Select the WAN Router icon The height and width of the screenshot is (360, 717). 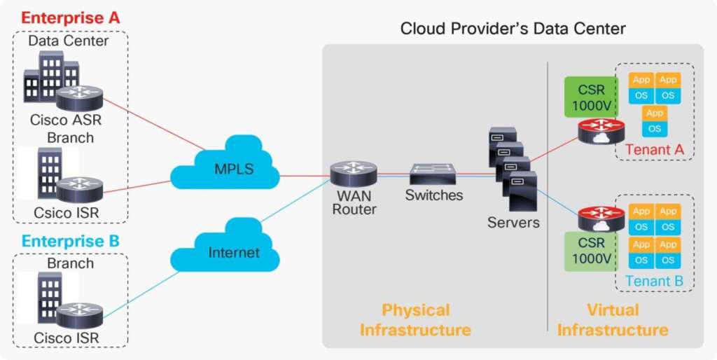[354, 173]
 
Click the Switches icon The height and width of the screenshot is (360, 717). [433, 172]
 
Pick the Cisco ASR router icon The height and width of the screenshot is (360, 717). [80, 98]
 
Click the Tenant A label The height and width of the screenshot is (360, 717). [654, 149]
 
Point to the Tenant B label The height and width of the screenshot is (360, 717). [654, 282]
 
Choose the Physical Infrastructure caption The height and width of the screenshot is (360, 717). [416, 319]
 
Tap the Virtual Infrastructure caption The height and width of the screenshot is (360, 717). [612, 319]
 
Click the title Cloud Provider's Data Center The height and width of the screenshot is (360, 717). [513, 29]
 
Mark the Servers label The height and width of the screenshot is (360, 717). [514, 223]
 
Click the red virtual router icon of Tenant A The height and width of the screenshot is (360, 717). [601, 130]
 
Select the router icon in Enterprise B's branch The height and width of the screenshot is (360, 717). [80, 315]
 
